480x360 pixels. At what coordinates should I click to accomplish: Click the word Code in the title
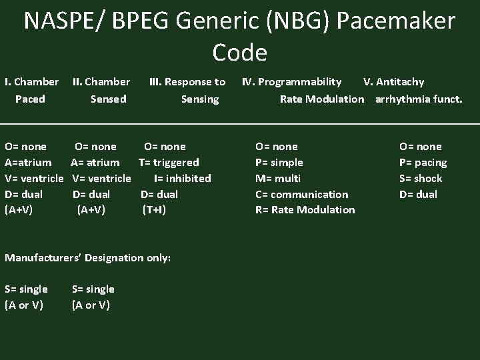coord(240,52)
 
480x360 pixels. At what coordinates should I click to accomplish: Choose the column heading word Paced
coord(30,99)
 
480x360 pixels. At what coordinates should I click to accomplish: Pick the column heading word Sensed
coord(108,99)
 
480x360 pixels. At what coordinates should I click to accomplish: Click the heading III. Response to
coord(187,82)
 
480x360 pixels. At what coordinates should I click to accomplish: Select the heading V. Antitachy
coord(393,82)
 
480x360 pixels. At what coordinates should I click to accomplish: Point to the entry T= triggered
coord(169,162)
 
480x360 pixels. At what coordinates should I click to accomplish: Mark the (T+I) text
coord(154,209)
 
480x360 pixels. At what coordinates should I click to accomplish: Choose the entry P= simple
coord(279,162)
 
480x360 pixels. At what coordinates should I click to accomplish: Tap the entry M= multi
coord(278,178)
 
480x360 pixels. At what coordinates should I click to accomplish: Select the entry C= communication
coord(301,194)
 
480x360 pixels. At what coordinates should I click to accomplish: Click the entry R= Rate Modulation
coord(305,209)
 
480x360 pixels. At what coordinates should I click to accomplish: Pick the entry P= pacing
coord(423,162)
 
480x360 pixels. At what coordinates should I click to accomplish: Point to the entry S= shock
coord(420,178)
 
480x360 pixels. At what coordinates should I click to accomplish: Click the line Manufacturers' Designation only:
coord(87,257)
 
